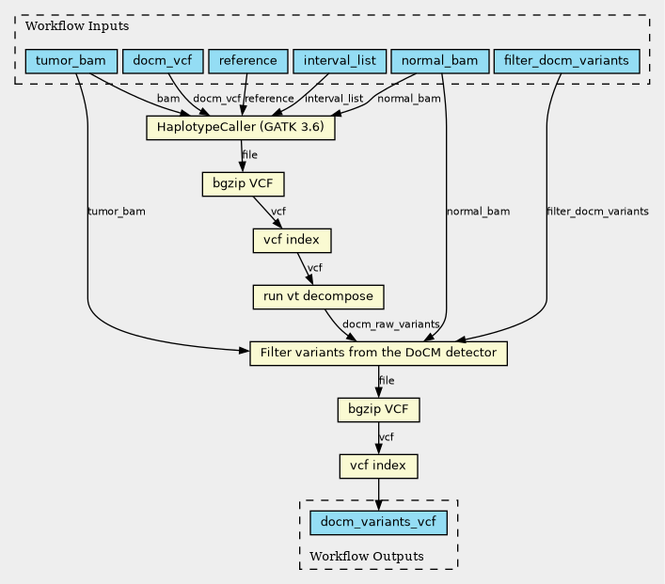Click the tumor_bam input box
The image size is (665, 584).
pos(71,61)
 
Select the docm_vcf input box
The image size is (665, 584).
pos(163,61)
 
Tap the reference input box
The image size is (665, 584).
pos(248,61)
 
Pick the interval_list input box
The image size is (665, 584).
pos(340,61)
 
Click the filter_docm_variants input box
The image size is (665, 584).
pos(566,61)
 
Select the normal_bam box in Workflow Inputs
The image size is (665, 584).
pos(440,61)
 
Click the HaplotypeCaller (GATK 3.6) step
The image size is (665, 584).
pos(241,127)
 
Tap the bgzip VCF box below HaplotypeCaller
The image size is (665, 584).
pos(243,183)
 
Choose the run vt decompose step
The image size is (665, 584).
pos(319,296)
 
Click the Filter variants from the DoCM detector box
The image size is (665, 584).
pos(378,353)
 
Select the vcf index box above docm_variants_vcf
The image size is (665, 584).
pos(378,466)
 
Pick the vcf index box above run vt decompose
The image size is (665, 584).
pos(292,240)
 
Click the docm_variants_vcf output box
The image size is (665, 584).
pos(378,522)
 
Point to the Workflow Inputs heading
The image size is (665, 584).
pos(77,26)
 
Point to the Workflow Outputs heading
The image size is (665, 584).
pos(367,557)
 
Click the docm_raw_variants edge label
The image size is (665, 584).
pos(390,324)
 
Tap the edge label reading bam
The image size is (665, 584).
pos(168,99)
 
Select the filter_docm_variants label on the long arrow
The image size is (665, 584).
pos(597,212)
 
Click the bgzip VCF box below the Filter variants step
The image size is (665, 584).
pos(378,409)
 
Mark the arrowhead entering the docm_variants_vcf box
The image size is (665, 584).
pos(378,505)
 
